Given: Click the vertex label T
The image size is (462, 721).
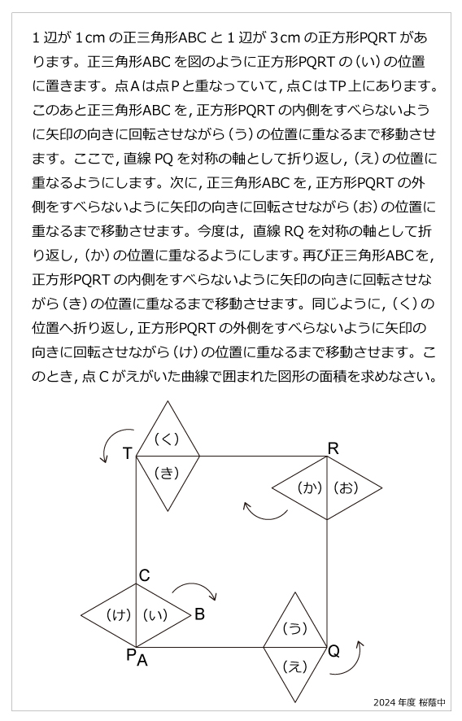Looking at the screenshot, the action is point(128,453).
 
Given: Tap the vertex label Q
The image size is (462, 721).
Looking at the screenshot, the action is point(333,652).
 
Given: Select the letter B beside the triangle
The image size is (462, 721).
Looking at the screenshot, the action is point(199,614).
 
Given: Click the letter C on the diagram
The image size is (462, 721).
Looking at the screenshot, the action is point(144,576).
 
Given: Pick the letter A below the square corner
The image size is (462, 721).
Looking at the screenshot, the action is point(142,661).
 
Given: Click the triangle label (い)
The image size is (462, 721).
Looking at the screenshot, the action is point(155,615).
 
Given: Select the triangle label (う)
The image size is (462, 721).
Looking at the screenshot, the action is point(294,628).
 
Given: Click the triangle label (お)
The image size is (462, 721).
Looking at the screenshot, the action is point(346,488).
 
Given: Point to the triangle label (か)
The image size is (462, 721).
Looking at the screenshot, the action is point(309,488).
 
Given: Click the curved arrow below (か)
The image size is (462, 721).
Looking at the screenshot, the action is point(264,512).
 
